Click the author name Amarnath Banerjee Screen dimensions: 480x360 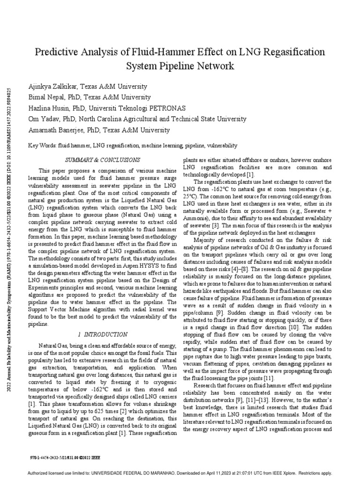pos(59,130)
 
